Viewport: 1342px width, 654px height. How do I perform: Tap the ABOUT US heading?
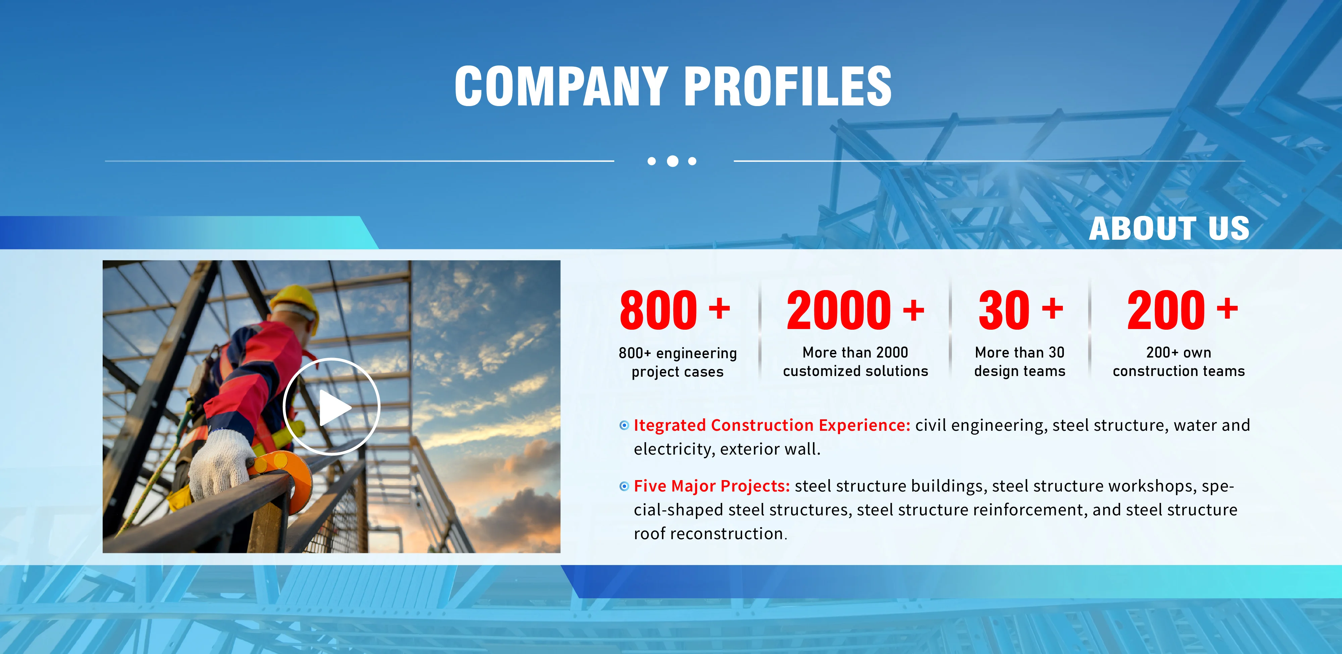pyautogui.click(x=1169, y=228)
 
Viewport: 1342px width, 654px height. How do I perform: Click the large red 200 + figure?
pyautogui.click(x=1182, y=310)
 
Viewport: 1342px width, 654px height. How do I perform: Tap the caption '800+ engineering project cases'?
pyautogui.click(x=678, y=362)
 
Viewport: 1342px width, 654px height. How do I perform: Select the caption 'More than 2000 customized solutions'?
pyautogui.click(x=856, y=362)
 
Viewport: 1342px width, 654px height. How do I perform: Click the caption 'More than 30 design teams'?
pyautogui.click(x=1020, y=362)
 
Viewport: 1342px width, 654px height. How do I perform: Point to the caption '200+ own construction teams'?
pyautogui.click(x=1178, y=362)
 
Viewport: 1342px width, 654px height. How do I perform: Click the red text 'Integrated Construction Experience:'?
pyautogui.click(x=772, y=425)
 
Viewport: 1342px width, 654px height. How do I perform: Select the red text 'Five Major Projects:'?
pyautogui.click(x=712, y=486)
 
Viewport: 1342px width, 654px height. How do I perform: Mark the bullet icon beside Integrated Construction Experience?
pyautogui.click(x=624, y=426)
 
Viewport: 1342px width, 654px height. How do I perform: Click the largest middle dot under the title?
pyautogui.click(x=673, y=161)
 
